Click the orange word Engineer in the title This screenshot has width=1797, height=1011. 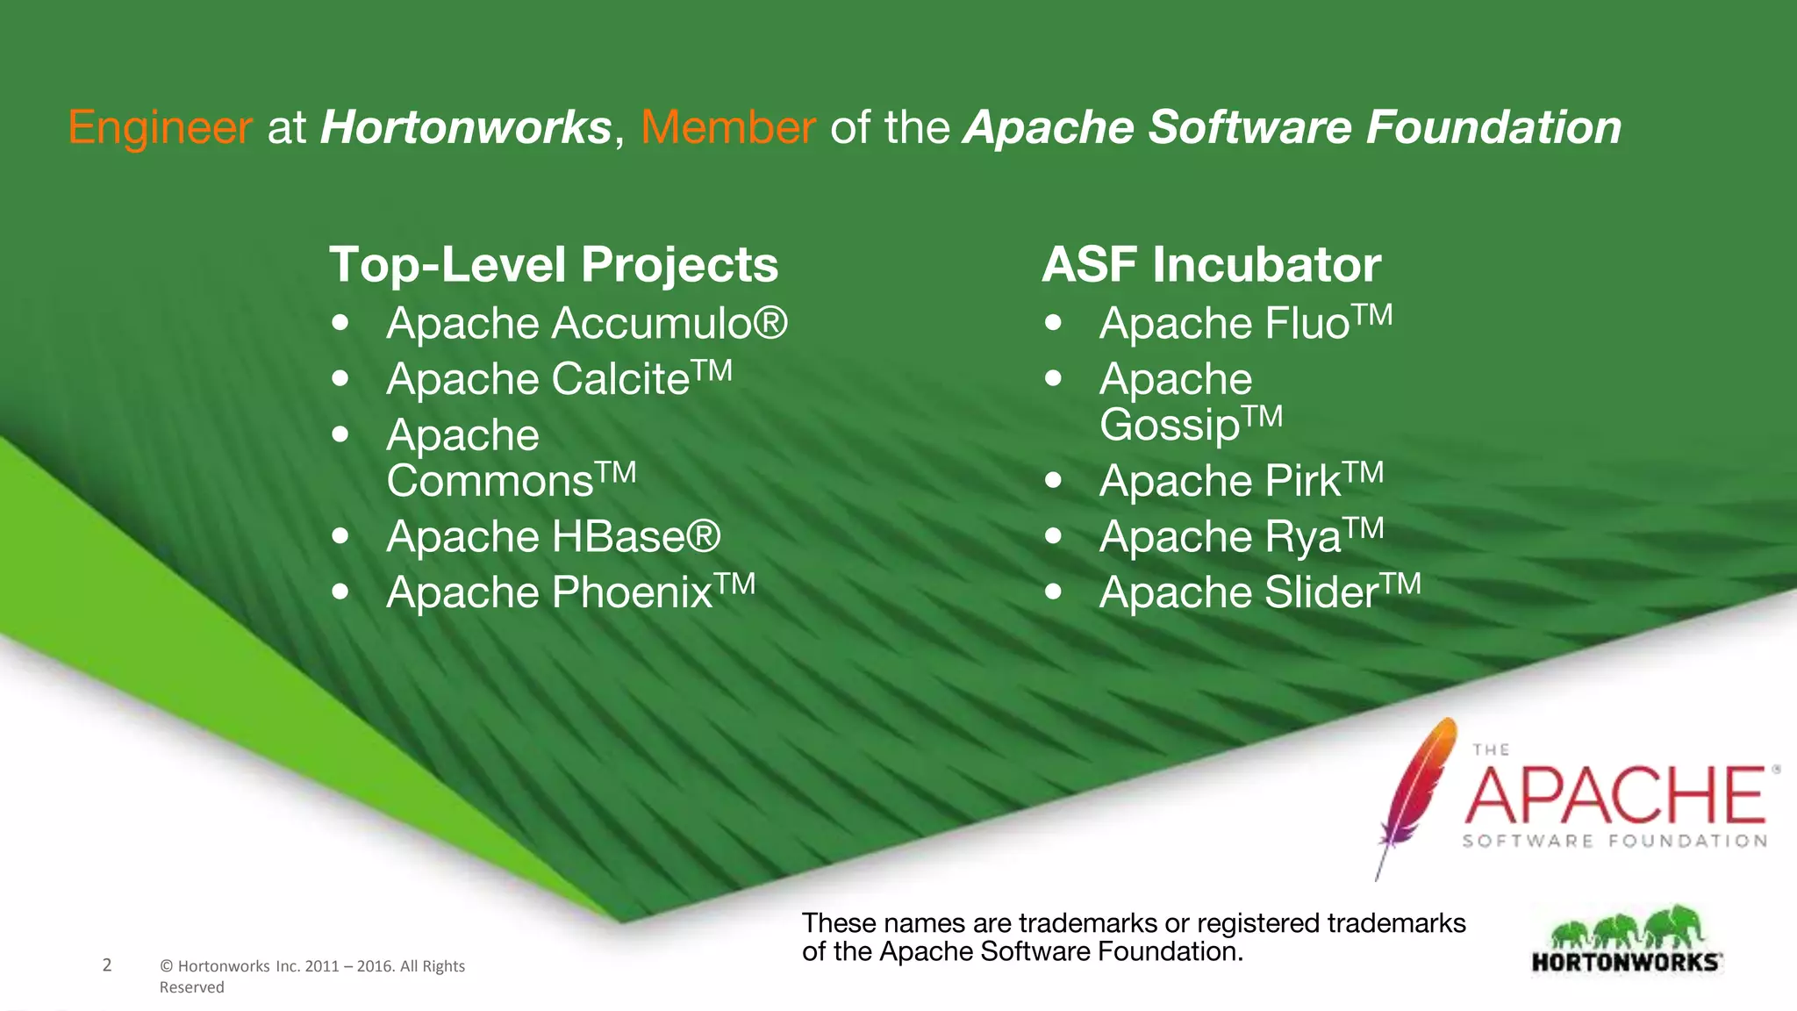pos(161,128)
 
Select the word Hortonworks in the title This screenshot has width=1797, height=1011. pos(466,128)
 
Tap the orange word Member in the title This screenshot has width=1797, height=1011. pos(728,128)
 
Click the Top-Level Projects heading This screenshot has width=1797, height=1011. pos(554,265)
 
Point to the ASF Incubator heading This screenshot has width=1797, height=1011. pos(1211,265)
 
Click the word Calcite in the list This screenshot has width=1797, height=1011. pos(621,380)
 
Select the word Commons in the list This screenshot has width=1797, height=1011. pos(490,482)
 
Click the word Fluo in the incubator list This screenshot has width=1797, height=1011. pos(1307,324)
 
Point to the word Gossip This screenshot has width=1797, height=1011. pos(1170,426)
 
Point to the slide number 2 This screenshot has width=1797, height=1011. pos(107,965)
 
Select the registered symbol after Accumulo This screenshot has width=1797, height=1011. pos(770,323)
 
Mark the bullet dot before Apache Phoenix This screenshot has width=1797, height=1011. pos(340,592)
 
